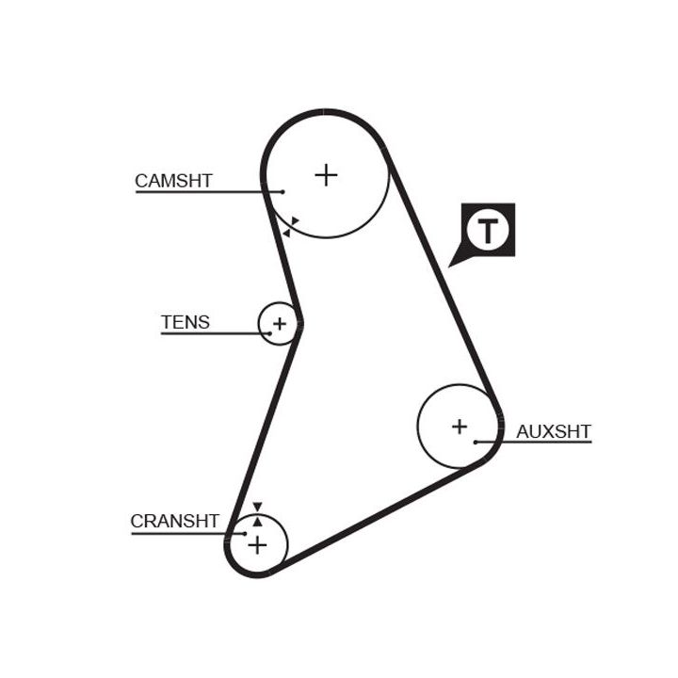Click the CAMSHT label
click(x=173, y=180)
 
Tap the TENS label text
click(x=186, y=322)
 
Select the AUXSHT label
click(x=554, y=431)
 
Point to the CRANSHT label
click(x=174, y=521)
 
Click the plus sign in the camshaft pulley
click(x=326, y=174)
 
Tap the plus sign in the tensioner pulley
click(x=279, y=324)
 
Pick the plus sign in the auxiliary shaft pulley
click(x=459, y=426)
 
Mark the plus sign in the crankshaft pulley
click(x=257, y=544)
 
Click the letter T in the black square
click(x=488, y=230)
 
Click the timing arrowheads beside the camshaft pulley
click(x=291, y=226)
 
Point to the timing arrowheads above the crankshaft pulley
click(x=257, y=513)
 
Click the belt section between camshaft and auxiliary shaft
click(x=441, y=273)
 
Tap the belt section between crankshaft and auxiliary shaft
click(x=377, y=520)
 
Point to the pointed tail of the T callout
click(x=453, y=264)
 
